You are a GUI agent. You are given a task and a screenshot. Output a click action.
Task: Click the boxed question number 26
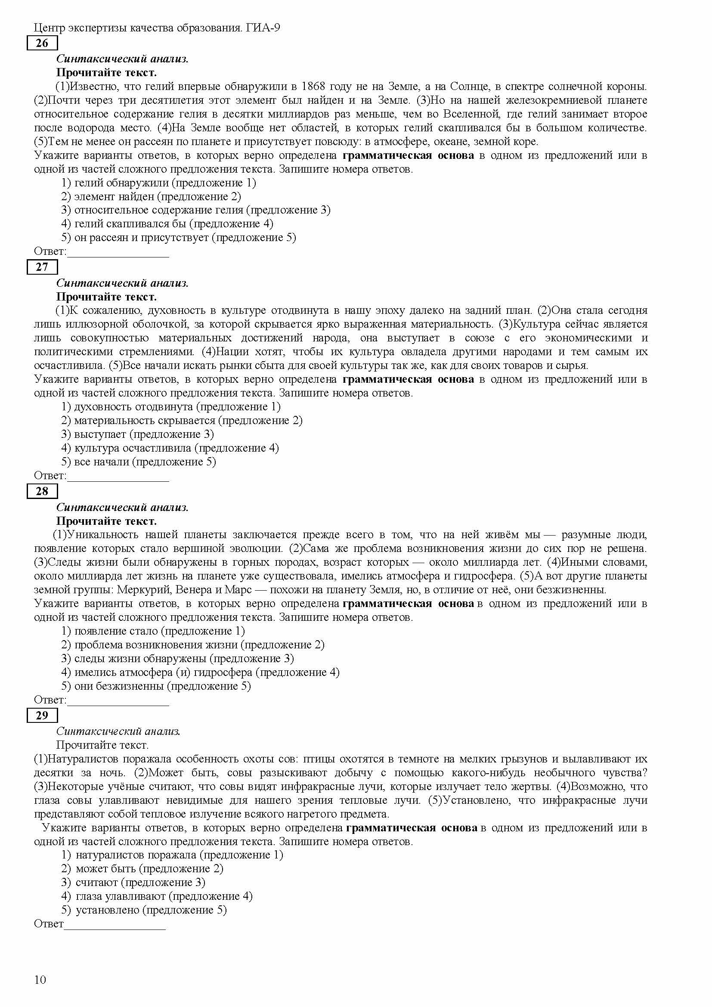(x=42, y=43)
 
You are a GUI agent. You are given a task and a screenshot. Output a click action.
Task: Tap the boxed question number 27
(x=42, y=267)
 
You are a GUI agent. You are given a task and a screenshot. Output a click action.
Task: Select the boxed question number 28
(x=42, y=492)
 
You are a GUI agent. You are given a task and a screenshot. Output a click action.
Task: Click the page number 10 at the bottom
(x=40, y=979)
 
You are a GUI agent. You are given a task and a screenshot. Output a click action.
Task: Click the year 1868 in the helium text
(x=315, y=87)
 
